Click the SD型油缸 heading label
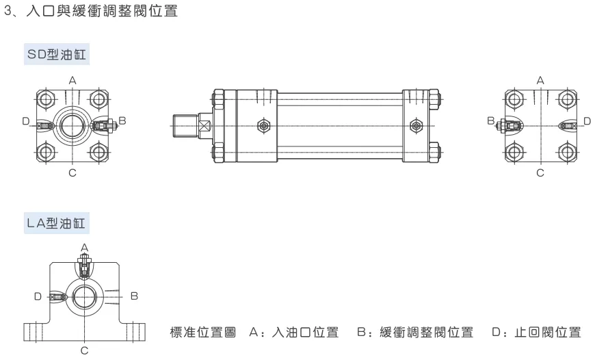click(57, 54)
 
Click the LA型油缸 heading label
click(56, 223)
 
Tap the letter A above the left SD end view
click(72, 81)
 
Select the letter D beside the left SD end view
click(26, 121)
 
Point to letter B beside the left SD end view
click(122, 120)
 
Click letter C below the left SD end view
click(72, 173)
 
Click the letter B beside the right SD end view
click(491, 120)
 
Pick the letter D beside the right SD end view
click(587, 121)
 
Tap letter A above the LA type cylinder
click(85, 248)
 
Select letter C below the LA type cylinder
click(85, 350)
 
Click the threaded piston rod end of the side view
click(185, 126)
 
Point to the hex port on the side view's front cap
click(264, 125)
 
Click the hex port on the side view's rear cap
click(416, 125)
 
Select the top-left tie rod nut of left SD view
click(47, 99)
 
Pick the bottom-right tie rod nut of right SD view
click(567, 153)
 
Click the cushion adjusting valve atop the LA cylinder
click(84, 266)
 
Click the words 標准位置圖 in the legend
click(203, 332)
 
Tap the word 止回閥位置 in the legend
click(548, 332)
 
